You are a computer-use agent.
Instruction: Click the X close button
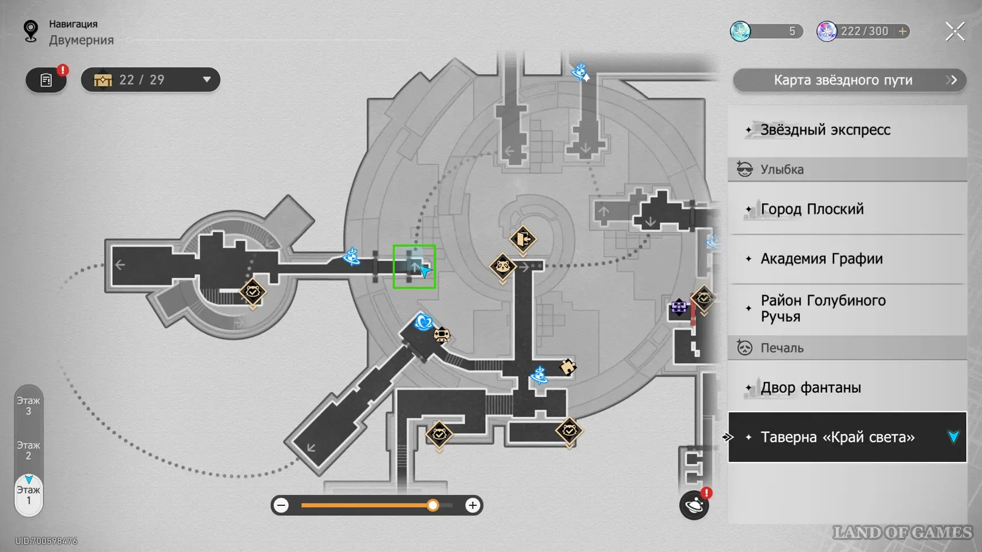click(955, 31)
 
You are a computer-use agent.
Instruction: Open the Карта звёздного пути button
click(849, 80)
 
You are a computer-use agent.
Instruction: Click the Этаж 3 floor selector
click(28, 406)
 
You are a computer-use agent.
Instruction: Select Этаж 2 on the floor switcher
click(28, 450)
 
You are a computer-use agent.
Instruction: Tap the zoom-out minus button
click(281, 505)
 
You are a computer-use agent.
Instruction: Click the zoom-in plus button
click(472, 505)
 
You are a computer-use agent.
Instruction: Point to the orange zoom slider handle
click(433, 505)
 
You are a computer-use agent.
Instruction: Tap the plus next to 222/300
click(902, 31)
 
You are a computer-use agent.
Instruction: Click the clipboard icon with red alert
click(46, 80)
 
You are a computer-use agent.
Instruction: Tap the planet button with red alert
click(694, 505)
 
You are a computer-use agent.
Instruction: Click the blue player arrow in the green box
click(424, 270)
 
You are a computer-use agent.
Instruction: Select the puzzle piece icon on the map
click(567, 367)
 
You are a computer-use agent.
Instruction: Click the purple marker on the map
click(678, 307)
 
